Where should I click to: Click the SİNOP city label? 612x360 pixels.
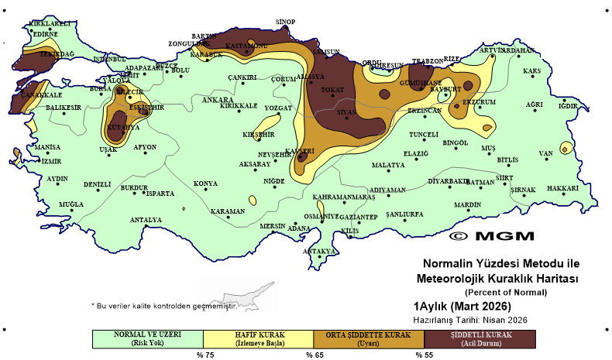point(286,22)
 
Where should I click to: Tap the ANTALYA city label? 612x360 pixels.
point(146,220)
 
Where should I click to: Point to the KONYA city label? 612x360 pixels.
point(205,183)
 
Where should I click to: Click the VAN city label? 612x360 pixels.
point(547,153)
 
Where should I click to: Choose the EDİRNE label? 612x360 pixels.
point(46,34)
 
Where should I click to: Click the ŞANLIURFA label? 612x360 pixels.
point(405,214)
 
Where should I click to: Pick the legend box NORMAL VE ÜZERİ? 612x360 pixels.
point(147,339)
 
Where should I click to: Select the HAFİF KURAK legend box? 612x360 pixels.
point(259,339)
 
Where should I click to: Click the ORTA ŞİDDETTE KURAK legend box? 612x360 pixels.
point(370,339)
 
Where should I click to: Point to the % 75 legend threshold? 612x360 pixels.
point(205,355)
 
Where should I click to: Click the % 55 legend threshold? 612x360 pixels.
point(425,355)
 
